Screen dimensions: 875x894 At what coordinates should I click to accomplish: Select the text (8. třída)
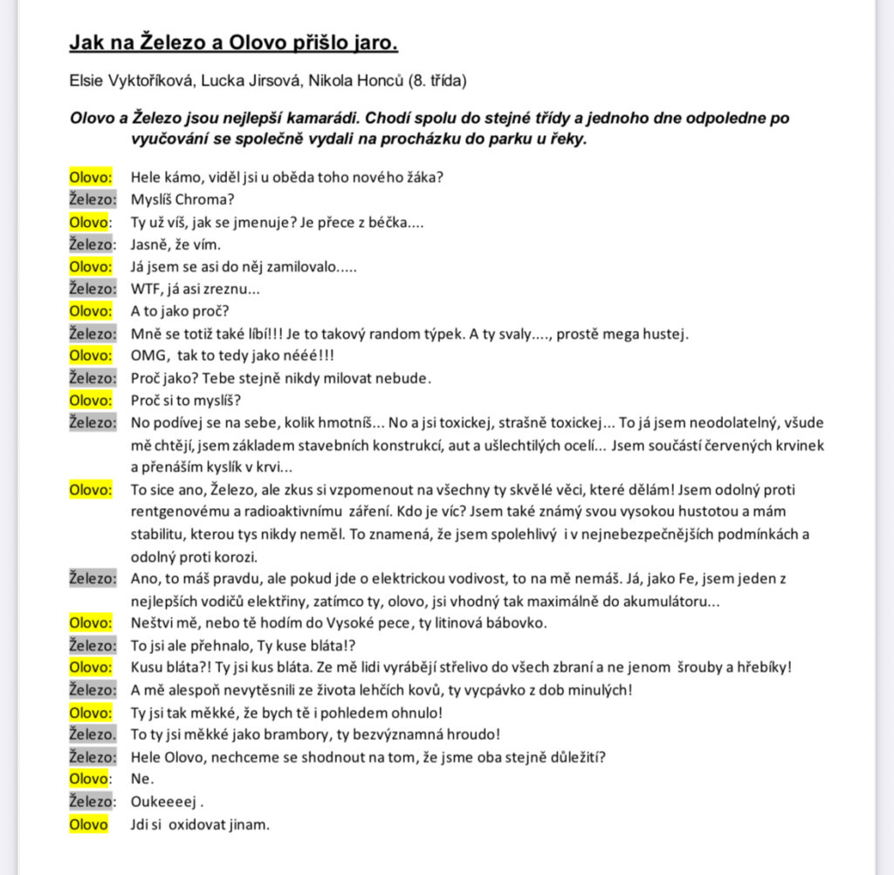(439, 81)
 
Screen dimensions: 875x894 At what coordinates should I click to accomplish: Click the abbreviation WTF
(147, 289)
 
